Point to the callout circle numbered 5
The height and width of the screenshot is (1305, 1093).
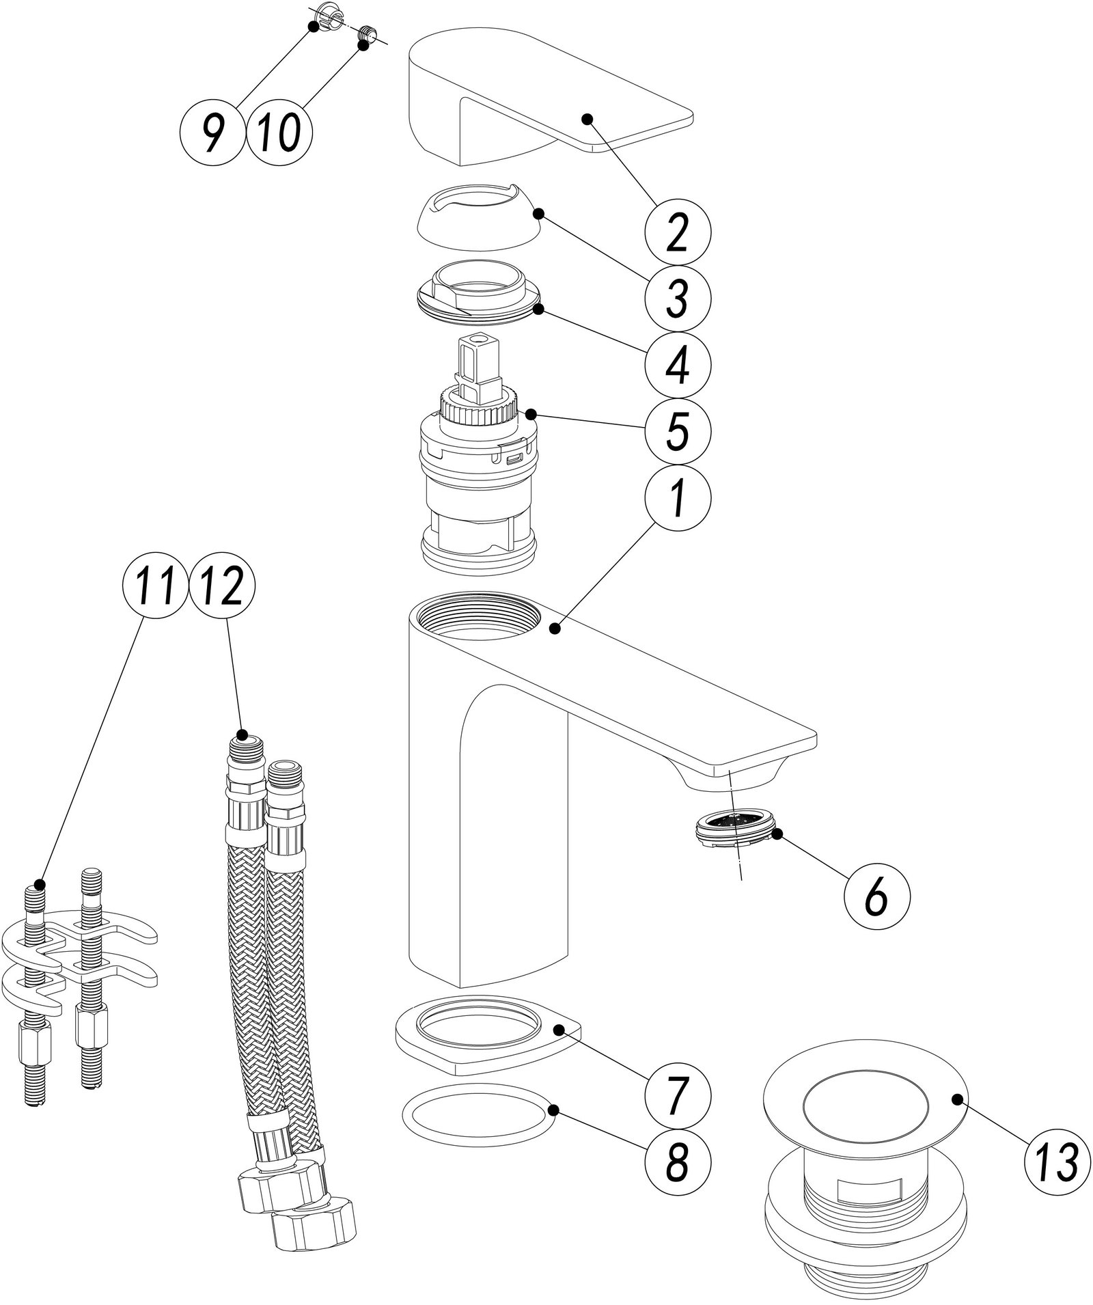[x=678, y=432]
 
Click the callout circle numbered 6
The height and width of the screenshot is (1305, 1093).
[x=876, y=896]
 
